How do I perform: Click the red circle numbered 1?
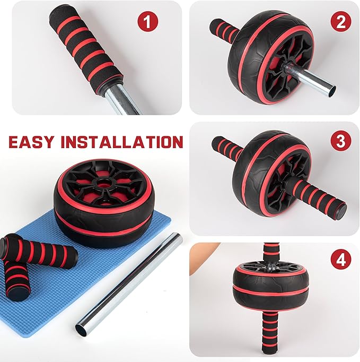[148, 22]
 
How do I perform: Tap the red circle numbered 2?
[341, 22]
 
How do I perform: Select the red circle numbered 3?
[341, 141]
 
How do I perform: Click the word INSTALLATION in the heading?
[122, 142]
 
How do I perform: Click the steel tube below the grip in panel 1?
[122, 99]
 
